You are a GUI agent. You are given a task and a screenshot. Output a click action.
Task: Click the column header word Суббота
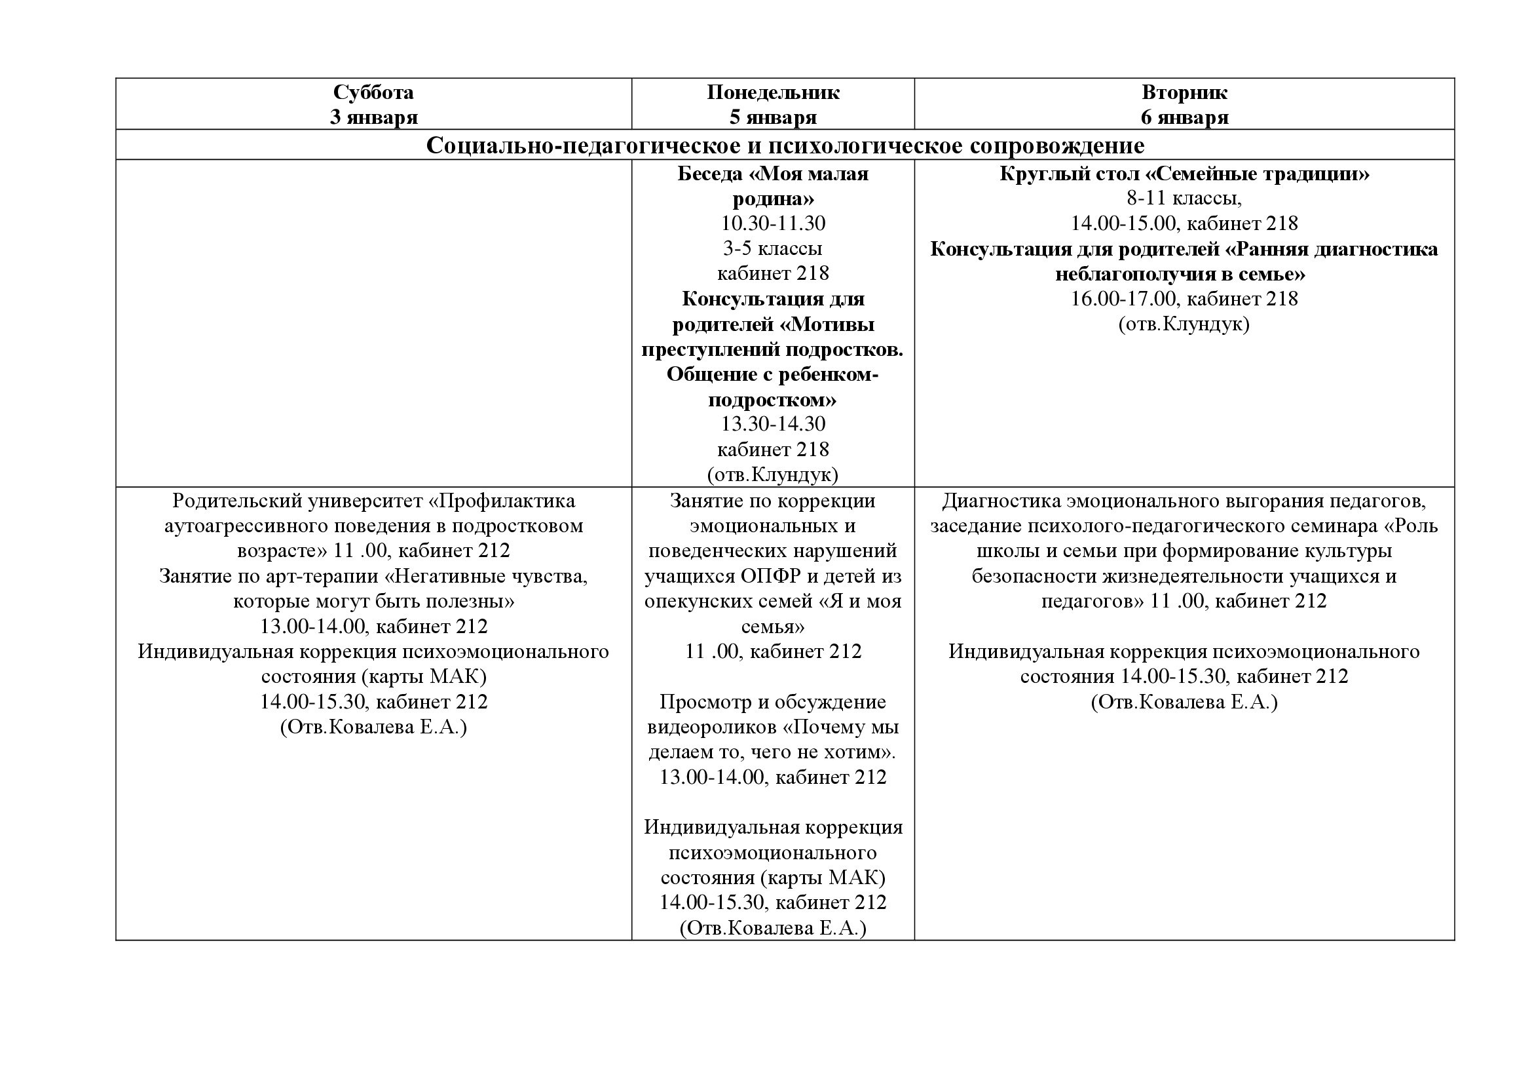[373, 92]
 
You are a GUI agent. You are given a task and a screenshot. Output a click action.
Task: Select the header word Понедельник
[773, 92]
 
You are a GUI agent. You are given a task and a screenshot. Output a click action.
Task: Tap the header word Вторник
[1184, 92]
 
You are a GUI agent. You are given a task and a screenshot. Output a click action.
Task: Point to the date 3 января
[373, 117]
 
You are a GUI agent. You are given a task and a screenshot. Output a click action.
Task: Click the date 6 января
[1184, 117]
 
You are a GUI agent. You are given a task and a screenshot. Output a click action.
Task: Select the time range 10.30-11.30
[773, 223]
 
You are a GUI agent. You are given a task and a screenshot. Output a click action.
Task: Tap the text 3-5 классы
[773, 248]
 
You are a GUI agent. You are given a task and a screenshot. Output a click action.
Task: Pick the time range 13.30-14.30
[773, 424]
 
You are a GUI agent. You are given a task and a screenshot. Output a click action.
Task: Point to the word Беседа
[709, 174]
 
